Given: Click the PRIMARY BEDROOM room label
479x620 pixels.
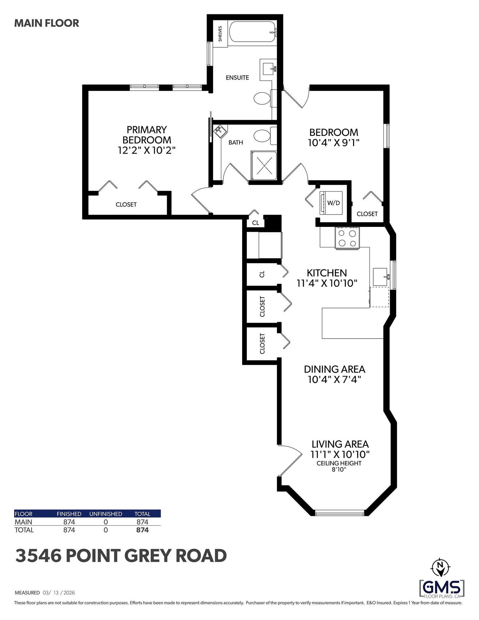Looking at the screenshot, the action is tap(147, 135).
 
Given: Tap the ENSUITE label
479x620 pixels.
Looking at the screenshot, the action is tap(237, 78).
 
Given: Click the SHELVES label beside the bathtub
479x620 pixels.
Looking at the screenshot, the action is tap(220, 34).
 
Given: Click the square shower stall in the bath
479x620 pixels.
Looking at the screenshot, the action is tap(264, 166).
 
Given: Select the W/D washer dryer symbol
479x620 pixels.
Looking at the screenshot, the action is tap(331, 203).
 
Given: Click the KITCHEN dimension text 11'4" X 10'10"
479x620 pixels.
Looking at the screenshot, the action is tap(327, 283).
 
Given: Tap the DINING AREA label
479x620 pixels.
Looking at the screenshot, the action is tap(334, 369).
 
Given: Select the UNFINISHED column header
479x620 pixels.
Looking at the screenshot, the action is tap(106, 514).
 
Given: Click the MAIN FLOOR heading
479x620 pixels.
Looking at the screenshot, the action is tap(47, 23).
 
